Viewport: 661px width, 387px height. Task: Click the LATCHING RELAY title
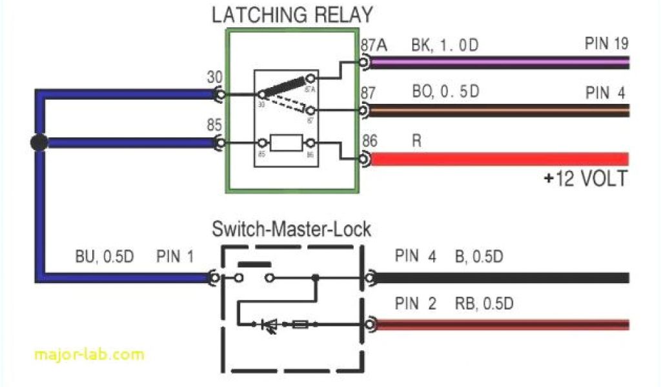pyautogui.click(x=292, y=14)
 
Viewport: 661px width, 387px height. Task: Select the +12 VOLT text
pyautogui.click(x=585, y=179)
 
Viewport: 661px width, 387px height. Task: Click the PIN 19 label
pyautogui.click(x=606, y=44)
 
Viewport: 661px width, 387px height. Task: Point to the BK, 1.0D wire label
pyautogui.click(x=446, y=46)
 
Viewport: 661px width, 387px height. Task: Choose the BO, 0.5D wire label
pyautogui.click(x=445, y=92)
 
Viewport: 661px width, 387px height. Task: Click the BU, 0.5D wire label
pyautogui.click(x=103, y=257)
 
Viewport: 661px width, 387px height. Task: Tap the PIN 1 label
pyautogui.click(x=174, y=257)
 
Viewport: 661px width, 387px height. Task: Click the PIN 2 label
pyautogui.click(x=416, y=303)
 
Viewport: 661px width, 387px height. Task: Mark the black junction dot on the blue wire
pyautogui.click(x=39, y=143)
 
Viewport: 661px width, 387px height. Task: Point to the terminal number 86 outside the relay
pyautogui.click(x=371, y=140)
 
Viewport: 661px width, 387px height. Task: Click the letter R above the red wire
pyautogui.click(x=416, y=140)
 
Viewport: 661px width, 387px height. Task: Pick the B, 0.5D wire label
pyautogui.click(x=478, y=257)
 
